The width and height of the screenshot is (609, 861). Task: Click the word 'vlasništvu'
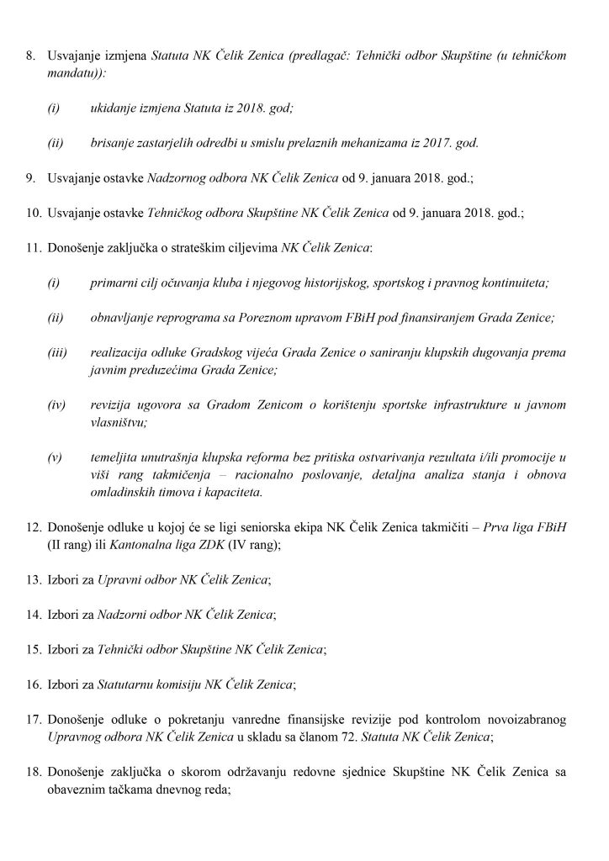(x=118, y=423)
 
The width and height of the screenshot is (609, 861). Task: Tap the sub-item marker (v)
(x=56, y=458)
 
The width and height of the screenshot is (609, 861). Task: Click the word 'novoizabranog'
(x=522, y=721)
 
